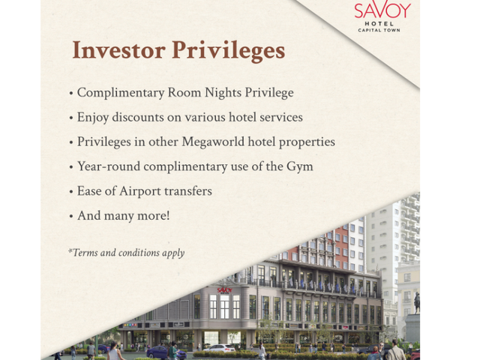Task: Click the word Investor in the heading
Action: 118,50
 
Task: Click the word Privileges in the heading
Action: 228,51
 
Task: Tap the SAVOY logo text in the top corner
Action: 382,9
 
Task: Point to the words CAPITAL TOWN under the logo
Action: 379,30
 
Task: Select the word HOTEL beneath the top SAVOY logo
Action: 379,23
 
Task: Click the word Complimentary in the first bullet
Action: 121,93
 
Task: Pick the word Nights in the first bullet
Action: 223,93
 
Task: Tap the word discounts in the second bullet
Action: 138,117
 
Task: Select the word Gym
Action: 300,166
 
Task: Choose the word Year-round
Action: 109,166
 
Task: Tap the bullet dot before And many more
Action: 71,217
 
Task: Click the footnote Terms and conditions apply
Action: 127,253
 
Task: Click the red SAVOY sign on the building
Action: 225,290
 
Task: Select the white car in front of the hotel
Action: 219,348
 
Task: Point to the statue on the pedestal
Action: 417,303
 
